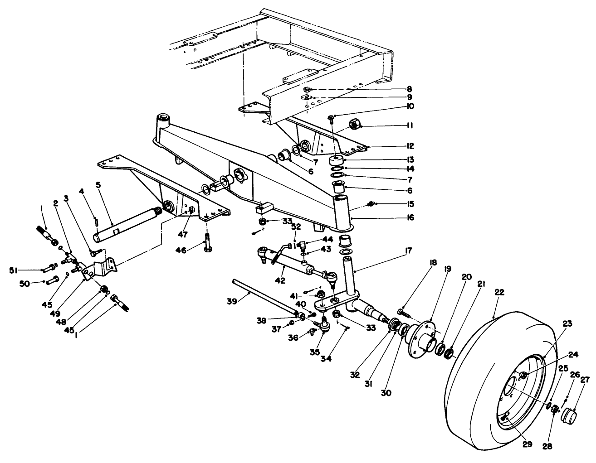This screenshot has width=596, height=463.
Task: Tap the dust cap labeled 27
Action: click(x=570, y=415)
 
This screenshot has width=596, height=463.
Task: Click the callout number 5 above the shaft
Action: click(x=98, y=185)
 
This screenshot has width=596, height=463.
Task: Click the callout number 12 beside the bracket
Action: click(x=410, y=146)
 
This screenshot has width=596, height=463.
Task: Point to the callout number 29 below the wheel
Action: click(x=526, y=444)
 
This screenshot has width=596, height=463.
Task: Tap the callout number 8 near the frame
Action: click(x=409, y=89)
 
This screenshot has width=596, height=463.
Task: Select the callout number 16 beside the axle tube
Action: click(x=410, y=217)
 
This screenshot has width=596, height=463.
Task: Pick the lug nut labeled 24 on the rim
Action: click(x=523, y=375)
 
